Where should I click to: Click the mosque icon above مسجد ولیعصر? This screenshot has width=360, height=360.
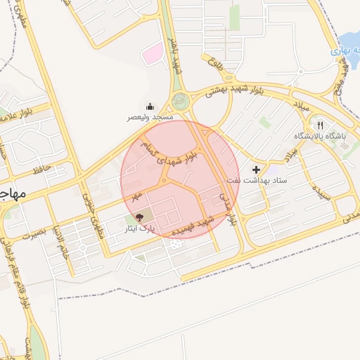pyautogui.click(x=130, y=108)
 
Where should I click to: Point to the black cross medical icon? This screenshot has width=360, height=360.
pyautogui.click(x=256, y=169)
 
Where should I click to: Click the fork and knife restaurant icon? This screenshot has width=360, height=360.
pyautogui.click(x=320, y=124)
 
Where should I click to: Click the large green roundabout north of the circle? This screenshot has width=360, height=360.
pyautogui.click(x=181, y=101)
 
